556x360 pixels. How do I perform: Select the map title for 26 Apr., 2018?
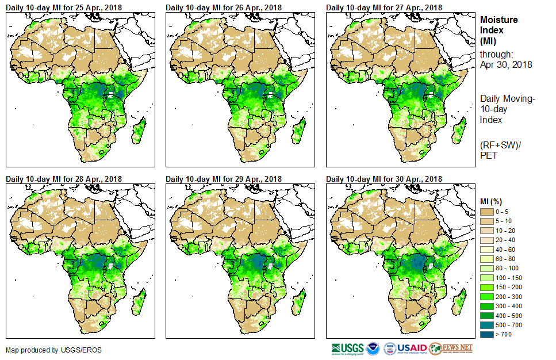pyautogui.click(x=224, y=7)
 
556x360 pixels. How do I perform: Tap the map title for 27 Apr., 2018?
pyautogui.click(x=384, y=7)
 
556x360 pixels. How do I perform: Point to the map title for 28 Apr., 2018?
pyautogui.click(x=64, y=179)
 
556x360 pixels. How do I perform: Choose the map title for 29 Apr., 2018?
pyautogui.click(x=224, y=179)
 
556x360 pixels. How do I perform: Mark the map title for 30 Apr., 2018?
pyautogui.click(x=384, y=179)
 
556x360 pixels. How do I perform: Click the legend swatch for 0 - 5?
pyautogui.click(x=487, y=212)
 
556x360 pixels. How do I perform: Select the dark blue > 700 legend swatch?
pyautogui.click(x=487, y=334)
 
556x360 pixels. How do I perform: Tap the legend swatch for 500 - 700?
pyautogui.click(x=487, y=325)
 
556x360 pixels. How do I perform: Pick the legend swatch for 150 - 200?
pyautogui.click(x=487, y=287)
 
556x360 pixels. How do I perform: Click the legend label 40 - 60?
pyautogui.click(x=506, y=250)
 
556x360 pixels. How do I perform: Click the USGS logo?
pyautogui.click(x=347, y=348)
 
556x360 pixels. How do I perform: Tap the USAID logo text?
pyautogui.click(x=413, y=348)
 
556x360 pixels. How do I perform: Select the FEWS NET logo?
pyautogui.click(x=451, y=348)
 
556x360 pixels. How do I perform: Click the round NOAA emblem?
pyautogui.click(x=373, y=348)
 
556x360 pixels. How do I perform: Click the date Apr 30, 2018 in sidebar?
pyautogui.click(x=506, y=64)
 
